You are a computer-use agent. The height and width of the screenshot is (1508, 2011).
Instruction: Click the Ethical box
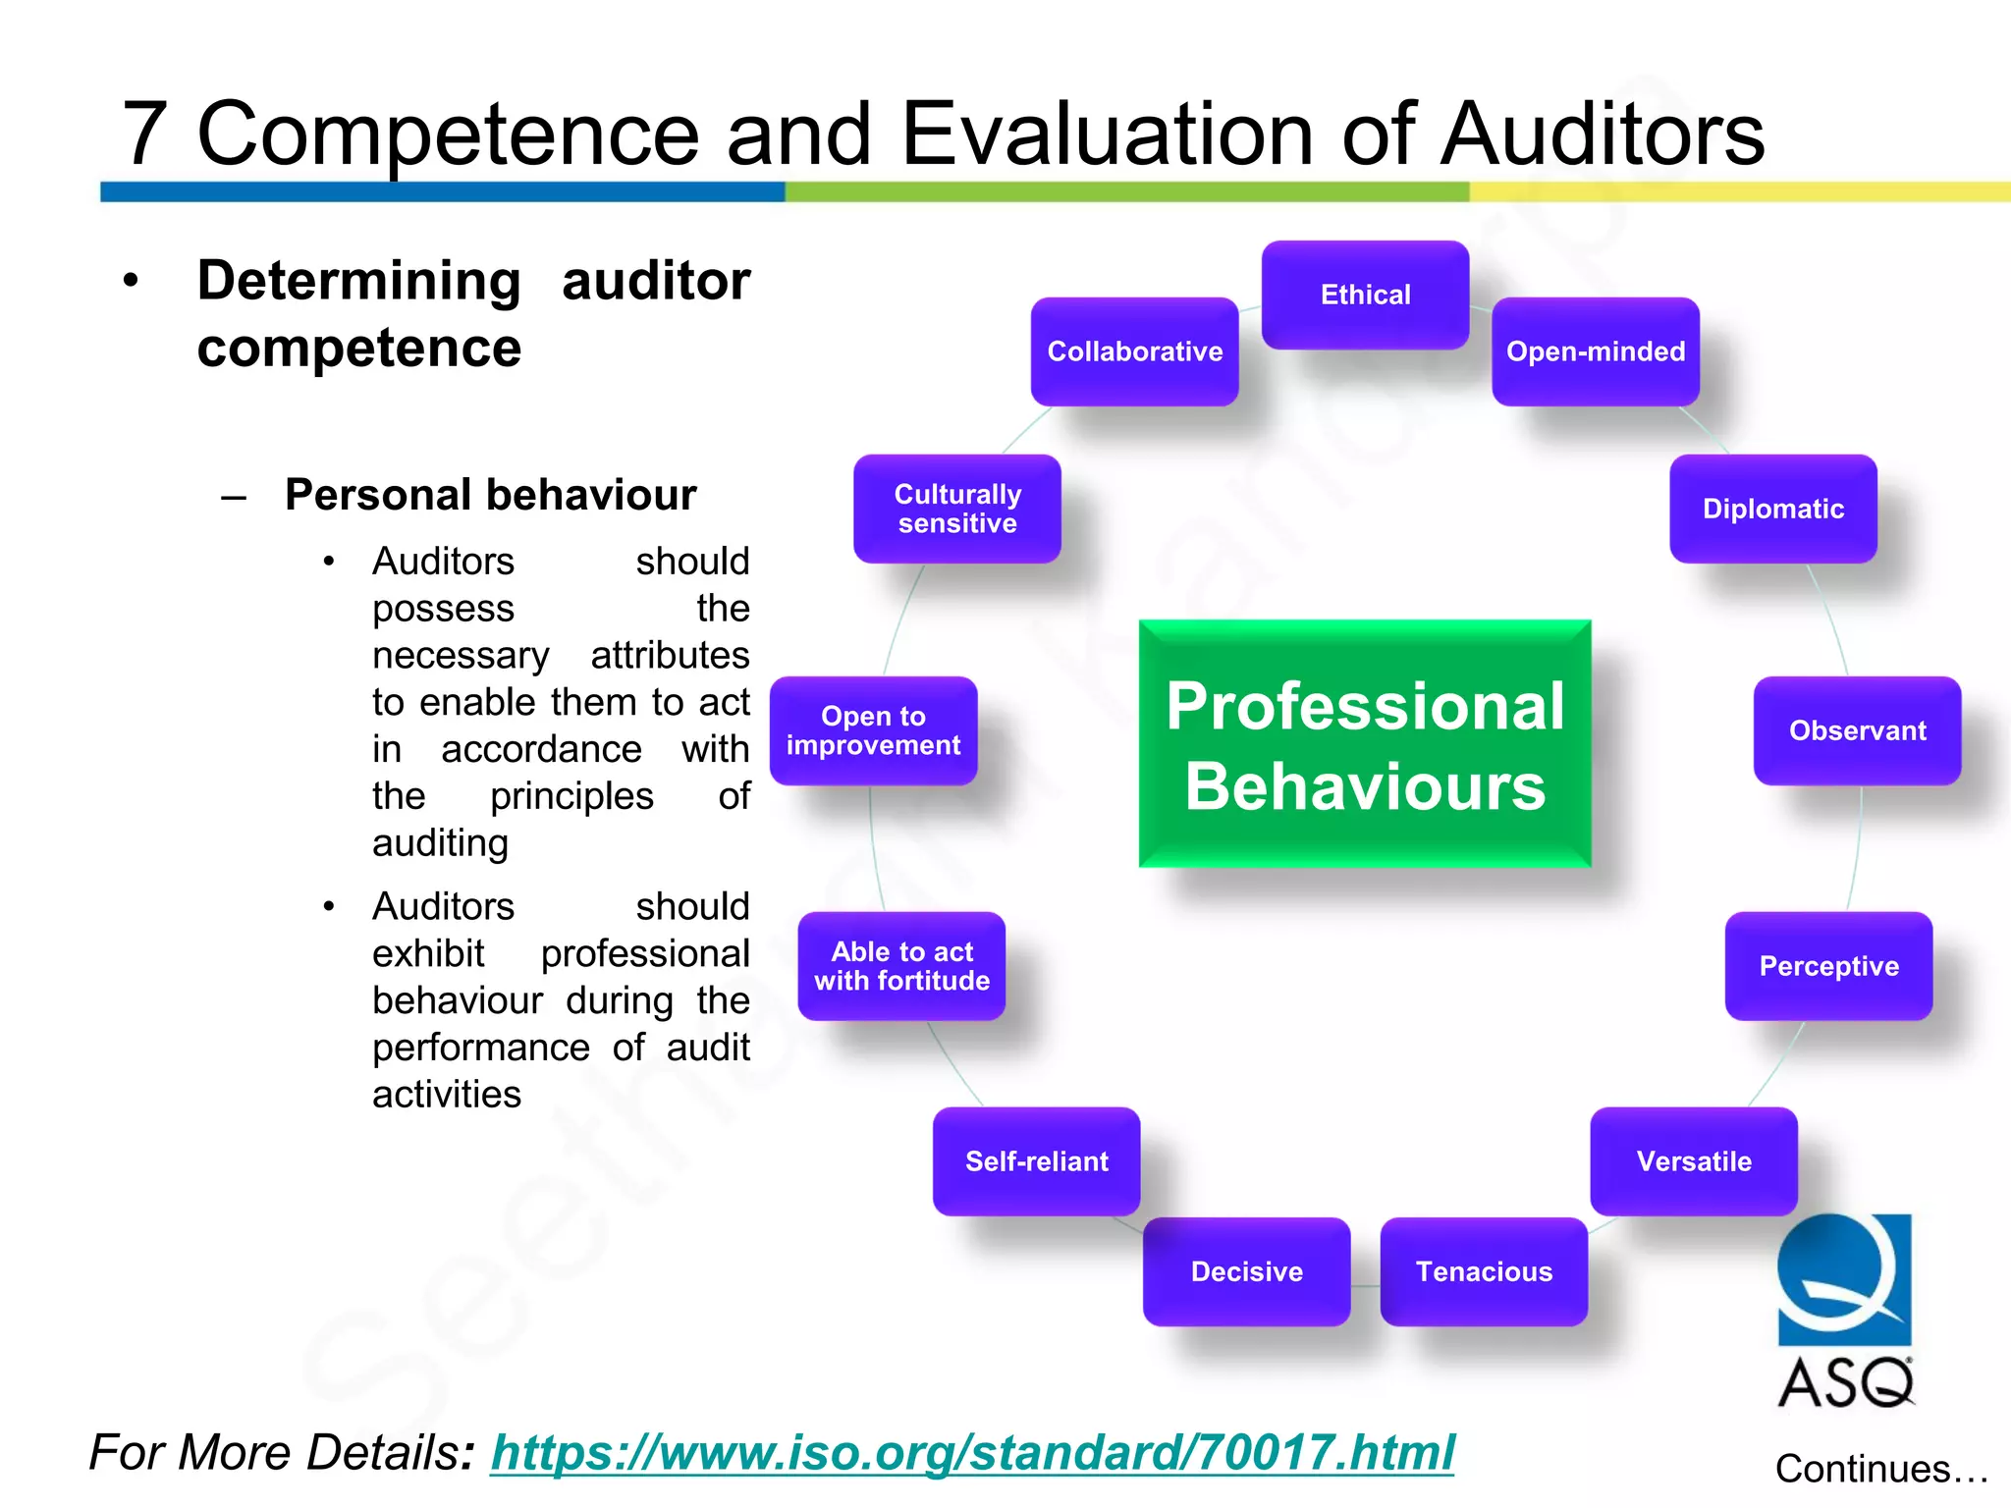pos(1365,295)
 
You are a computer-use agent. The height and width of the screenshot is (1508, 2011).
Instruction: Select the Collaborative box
pos(1134,351)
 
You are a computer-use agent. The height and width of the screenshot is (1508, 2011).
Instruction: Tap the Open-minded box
pos(1596,351)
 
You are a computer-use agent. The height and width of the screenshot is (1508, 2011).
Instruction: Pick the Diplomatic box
pos(1773,509)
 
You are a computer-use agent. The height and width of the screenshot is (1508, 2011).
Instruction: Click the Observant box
pos(1857,730)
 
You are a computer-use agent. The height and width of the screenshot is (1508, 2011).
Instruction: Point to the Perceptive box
pos(1828,966)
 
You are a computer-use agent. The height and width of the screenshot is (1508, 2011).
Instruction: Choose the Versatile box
pos(1694,1161)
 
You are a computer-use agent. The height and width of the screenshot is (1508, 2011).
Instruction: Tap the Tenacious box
pos(1484,1271)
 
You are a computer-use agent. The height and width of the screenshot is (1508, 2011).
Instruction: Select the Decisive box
pos(1247,1271)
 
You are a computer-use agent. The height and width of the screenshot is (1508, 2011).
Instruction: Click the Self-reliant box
pos(1037,1161)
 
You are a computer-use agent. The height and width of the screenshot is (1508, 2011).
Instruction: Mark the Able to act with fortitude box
pos(901,966)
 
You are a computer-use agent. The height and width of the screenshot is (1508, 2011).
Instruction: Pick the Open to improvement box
pos(873,730)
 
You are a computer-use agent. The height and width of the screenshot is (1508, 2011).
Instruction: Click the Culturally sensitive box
pos(957,509)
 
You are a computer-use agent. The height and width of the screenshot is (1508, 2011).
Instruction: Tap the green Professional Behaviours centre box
pos(1365,744)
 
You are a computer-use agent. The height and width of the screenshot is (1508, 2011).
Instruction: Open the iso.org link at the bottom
pos(972,1452)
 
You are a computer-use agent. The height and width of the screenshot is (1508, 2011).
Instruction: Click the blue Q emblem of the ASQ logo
pos(1844,1279)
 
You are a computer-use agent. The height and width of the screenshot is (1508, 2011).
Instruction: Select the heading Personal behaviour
pos(490,494)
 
